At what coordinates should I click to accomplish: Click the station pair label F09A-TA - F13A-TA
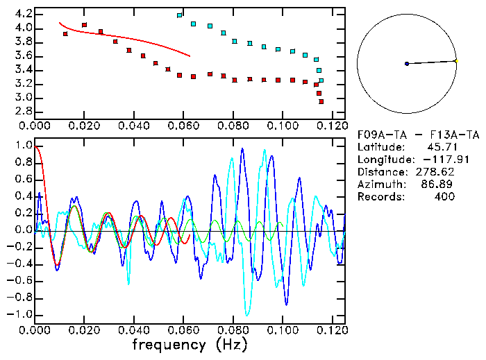(417, 135)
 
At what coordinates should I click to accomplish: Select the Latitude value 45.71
(441, 147)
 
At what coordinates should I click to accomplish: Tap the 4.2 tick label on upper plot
(22, 14)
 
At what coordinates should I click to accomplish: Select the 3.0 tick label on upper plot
(22, 98)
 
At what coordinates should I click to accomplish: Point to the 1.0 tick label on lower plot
(22, 146)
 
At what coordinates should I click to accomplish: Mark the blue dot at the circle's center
(407, 64)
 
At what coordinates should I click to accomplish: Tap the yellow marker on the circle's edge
(455, 61)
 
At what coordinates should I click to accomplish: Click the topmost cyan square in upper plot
(180, 15)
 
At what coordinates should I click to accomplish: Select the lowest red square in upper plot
(321, 102)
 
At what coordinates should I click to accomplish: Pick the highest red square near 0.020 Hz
(84, 25)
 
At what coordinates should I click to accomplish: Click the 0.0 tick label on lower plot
(22, 230)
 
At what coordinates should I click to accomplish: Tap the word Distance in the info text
(379, 172)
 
